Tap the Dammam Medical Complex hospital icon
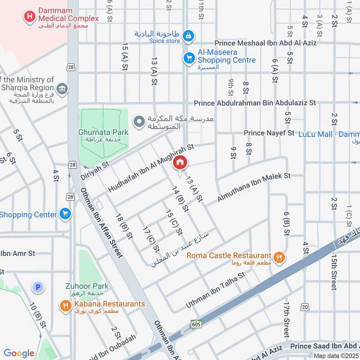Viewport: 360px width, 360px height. point(30,17)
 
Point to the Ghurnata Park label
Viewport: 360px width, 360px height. point(103,132)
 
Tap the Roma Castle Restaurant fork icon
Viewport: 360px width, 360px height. point(279,257)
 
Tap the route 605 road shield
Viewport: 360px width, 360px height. point(196,324)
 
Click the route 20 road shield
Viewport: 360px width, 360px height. point(306,307)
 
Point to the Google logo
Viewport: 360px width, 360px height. point(19,353)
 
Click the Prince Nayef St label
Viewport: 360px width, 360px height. point(269,133)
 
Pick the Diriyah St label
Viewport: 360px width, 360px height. point(95,171)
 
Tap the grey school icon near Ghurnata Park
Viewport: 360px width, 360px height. point(140,121)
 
